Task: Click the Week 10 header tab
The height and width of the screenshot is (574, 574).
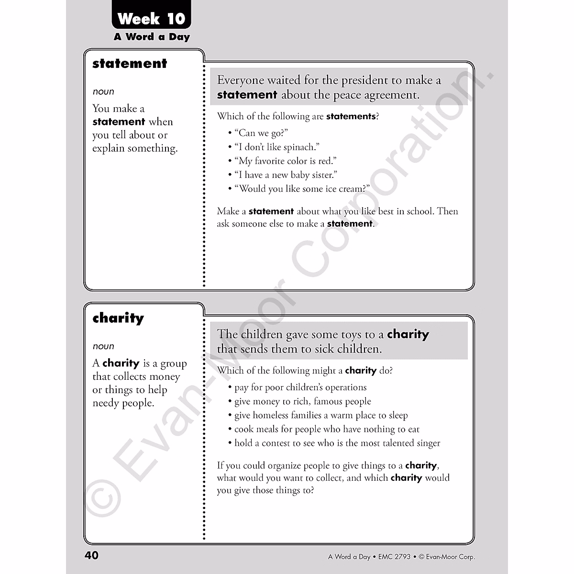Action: click(x=151, y=19)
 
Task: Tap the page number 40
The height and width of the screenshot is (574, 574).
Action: click(x=91, y=555)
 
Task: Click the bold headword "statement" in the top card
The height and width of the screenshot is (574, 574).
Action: click(x=130, y=64)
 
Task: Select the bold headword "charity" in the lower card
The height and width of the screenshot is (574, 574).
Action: click(x=118, y=318)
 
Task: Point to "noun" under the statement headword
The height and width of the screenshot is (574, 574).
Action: click(x=103, y=91)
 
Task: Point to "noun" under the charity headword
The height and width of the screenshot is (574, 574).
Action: click(x=103, y=346)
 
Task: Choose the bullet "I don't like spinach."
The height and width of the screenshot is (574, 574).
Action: click(x=276, y=147)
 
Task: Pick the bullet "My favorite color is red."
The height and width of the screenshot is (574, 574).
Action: click(x=285, y=161)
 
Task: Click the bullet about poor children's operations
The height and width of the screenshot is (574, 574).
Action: click(x=300, y=387)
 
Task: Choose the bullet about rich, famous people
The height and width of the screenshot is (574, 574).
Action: click(x=302, y=401)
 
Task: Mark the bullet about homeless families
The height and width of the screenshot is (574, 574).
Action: click(x=321, y=415)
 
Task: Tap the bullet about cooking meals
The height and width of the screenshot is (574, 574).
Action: click(x=327, y=429)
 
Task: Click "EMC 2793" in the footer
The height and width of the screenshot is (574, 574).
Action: click(x=394, y=556)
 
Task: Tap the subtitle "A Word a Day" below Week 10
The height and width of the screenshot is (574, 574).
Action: click(x=152, y=37)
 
